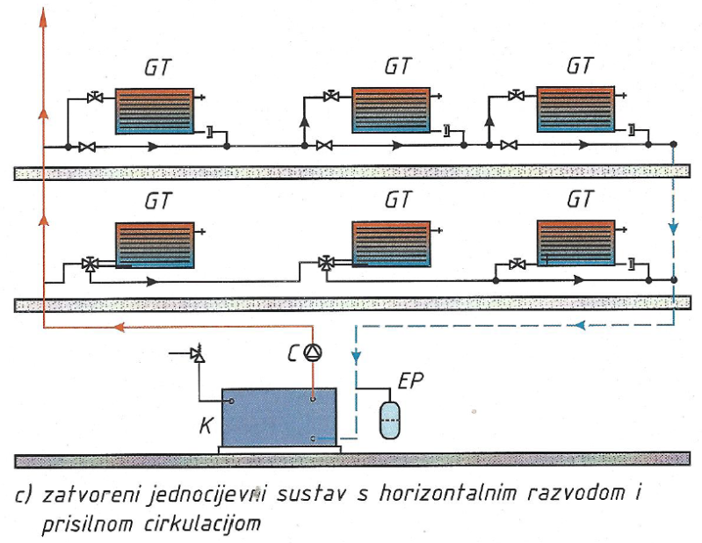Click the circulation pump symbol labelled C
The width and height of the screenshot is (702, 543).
coord(313,352)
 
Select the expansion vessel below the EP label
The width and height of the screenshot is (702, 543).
coord(389,420)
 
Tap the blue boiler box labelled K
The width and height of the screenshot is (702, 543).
coord(279,417)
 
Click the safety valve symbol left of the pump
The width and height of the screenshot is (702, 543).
coord(198,353)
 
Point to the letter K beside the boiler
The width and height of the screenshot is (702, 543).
coord(206,425)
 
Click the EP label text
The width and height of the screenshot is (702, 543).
coord(410,381)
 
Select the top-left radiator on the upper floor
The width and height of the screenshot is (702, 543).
coord(155,111)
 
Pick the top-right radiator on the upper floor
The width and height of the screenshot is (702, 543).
coord(575,109)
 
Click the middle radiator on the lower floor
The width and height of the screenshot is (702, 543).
coord(391,244)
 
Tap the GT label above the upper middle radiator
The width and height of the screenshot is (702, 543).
coord(397,67)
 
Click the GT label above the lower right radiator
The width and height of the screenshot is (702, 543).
coord(580,199)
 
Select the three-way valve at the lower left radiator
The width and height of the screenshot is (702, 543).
coord(90,264)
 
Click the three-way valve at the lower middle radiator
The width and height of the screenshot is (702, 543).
coord(326,263)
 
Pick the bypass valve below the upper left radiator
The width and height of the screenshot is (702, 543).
coord(87,147)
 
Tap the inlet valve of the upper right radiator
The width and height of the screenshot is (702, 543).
coord(517,95)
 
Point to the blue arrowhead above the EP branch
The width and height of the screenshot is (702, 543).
coord(356,357)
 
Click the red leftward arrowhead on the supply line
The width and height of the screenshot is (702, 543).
coord(119,327)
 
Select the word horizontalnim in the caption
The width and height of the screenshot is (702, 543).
coord(448,494)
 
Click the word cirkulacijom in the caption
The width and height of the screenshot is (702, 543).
coord(202,524)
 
